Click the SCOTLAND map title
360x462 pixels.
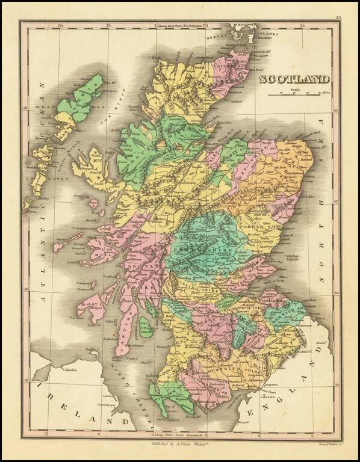click(x=295, y=79)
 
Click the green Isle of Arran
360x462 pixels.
click(x=144, y=325)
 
